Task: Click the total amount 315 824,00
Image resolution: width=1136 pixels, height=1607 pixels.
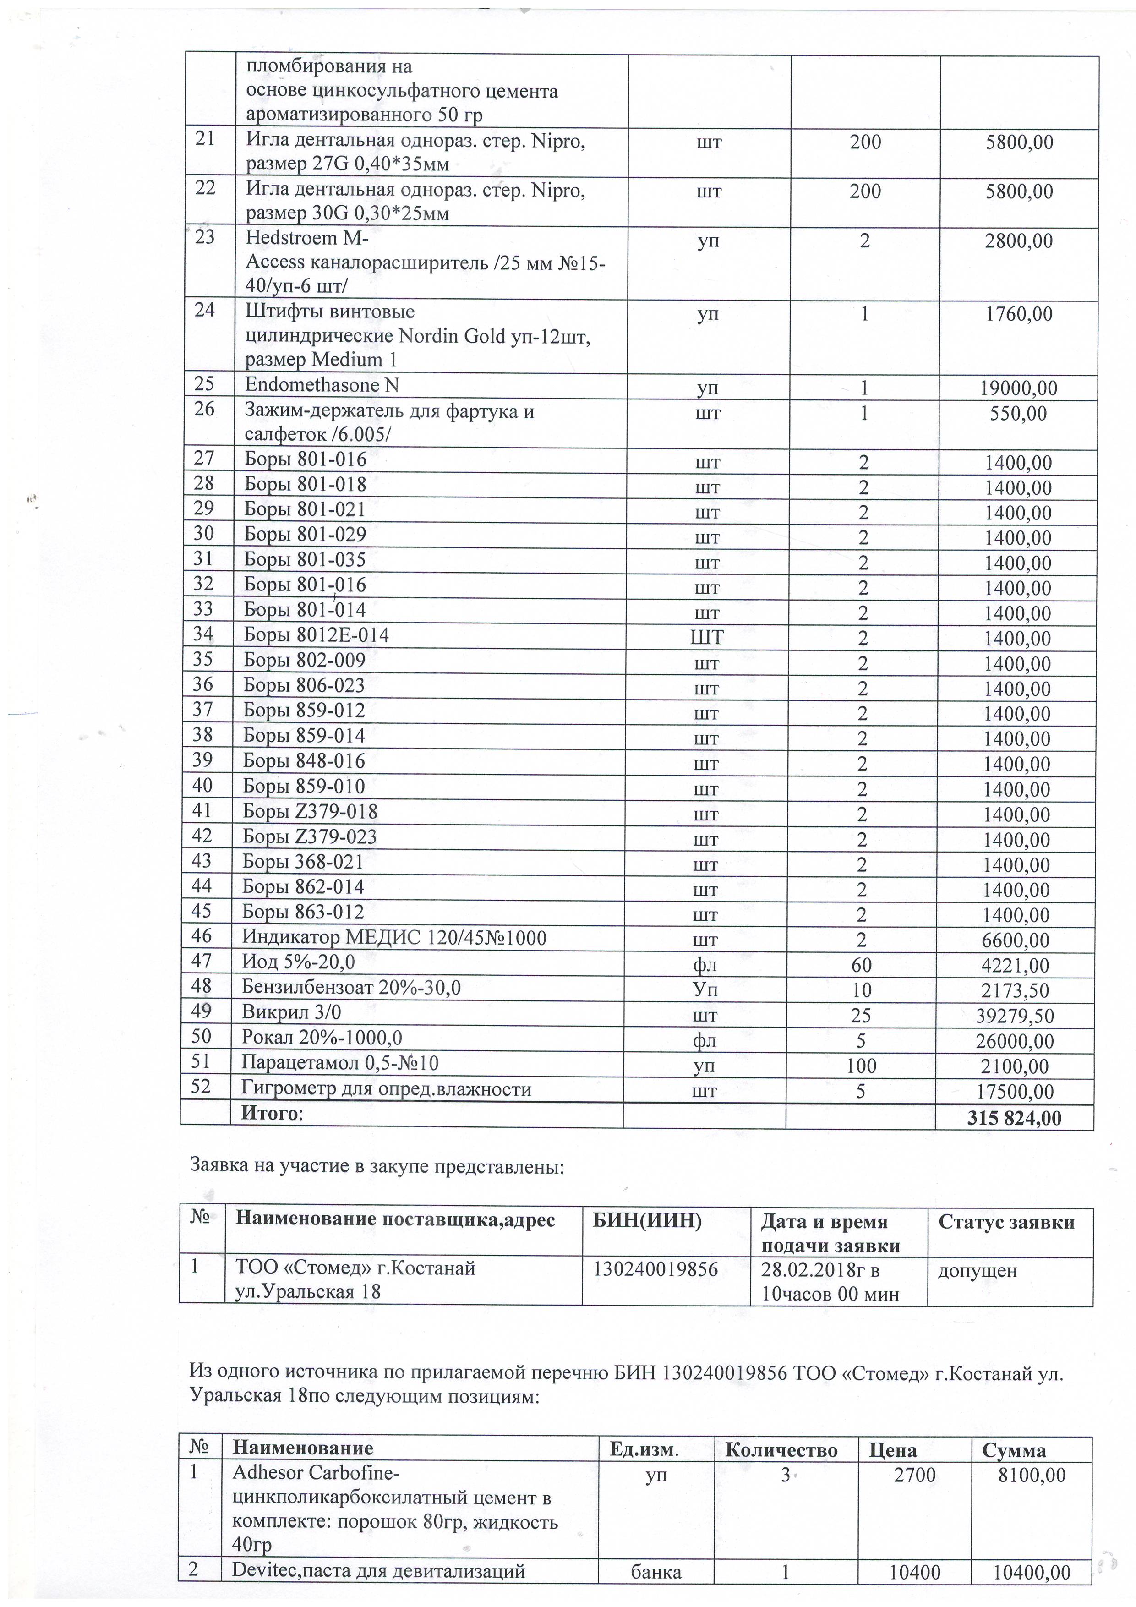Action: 1014,1118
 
